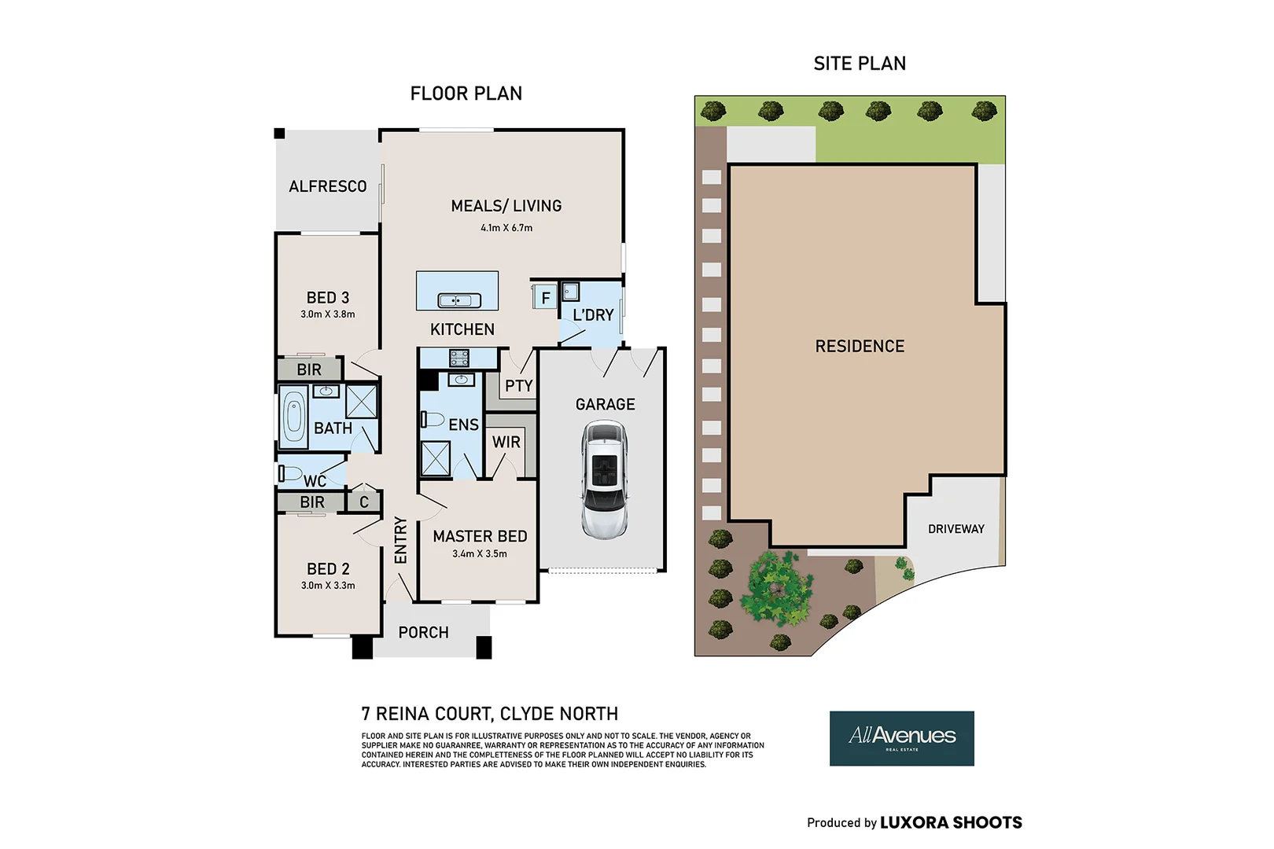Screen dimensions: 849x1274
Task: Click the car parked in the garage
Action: (x=604, y=480)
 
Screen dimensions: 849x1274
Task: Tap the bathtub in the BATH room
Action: (x=293, y=417)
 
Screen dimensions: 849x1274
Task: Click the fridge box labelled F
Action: (x=545, y=298)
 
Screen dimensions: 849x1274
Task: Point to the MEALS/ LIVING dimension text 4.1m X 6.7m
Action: (x=506, y=228)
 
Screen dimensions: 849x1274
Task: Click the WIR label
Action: (x=506, y=443)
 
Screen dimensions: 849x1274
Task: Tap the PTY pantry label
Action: (x=518, y=386)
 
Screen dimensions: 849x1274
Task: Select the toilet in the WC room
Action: (x=289, y=473)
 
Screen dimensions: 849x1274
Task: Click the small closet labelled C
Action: (x=364, y=502)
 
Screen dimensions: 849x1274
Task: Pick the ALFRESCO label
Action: (x=327, y=186)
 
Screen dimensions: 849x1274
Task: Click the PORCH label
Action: (x=423, y=633)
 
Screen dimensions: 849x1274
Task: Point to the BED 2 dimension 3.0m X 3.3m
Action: (x=328, y=586)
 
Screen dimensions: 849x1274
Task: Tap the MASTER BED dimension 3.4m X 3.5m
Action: (x=480, y=554)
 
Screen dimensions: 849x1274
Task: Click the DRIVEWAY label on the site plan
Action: (x=955, y=529)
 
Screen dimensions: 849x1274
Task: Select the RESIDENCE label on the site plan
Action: (x=860, y=347)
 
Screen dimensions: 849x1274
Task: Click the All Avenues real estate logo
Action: (x=901, y=738)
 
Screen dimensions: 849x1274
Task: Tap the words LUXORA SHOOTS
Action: (x=951, y=823)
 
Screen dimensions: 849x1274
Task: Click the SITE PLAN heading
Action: (x=860, y=64)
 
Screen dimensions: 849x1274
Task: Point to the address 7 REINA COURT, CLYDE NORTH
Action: (x=489, y=714)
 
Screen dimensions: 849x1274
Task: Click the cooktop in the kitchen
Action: (x=459, y=358)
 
